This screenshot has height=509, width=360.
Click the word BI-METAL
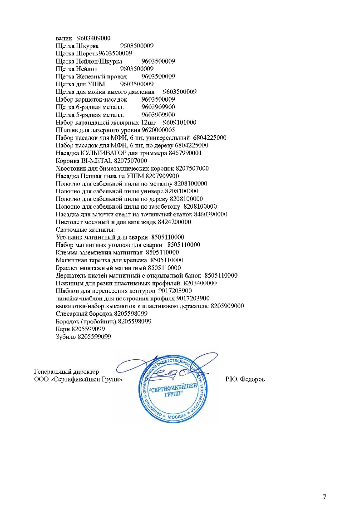point(94,161)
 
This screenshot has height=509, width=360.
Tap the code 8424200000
point(174,222)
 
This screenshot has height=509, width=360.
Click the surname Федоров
point(252,379)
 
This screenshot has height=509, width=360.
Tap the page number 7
point(324,496)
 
